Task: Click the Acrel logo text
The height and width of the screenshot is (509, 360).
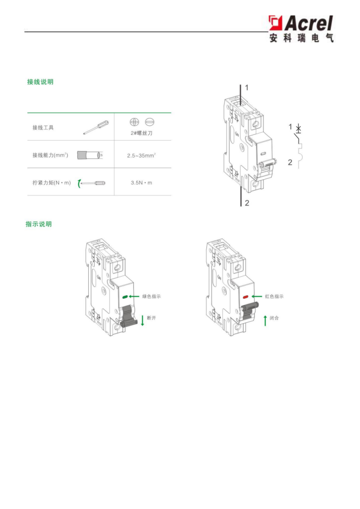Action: coord(309,24)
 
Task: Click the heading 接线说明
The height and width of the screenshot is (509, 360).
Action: coord(40,82)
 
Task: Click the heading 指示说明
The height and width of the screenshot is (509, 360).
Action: coord(39,224)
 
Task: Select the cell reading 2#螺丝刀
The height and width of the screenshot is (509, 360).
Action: coord(142,133)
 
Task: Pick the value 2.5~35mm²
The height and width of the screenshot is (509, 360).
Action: coord(142,156)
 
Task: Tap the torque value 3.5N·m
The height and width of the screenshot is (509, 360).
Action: coord(142,183)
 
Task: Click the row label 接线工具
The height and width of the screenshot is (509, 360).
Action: coord(43,128)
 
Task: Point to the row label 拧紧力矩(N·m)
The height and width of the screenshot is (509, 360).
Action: coord(52,183)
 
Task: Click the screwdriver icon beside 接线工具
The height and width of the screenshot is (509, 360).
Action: coord(96,127)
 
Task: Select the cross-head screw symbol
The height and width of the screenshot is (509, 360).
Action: coord(134,122)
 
